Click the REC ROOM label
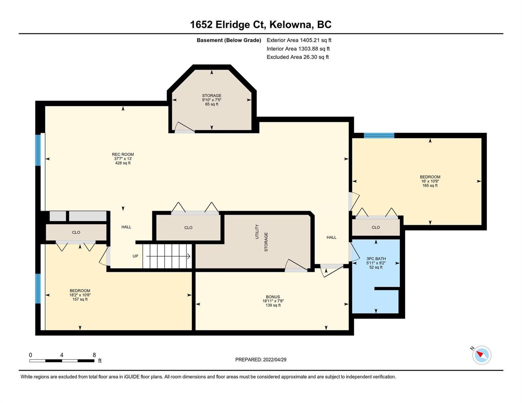123,154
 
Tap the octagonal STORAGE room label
212,95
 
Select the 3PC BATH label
376,259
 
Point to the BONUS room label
273,297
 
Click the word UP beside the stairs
135,256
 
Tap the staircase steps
167,256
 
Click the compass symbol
481,355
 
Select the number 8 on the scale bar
94,355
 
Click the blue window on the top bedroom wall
379,135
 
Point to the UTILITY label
257,232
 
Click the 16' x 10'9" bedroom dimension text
430,181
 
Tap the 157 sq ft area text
80,299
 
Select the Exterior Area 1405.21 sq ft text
299,40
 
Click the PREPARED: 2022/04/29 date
261,360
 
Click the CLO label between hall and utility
188,228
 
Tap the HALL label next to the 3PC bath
331,237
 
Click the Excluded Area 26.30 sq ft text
297,57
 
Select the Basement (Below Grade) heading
229,40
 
